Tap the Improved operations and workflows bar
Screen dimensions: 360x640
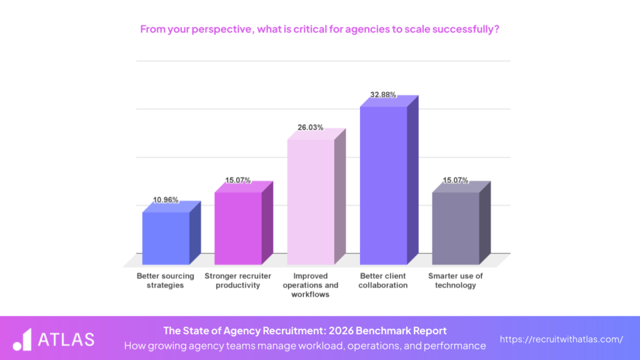(311, 201)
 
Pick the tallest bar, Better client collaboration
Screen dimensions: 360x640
(383, 185)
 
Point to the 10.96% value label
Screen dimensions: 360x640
(166, 200)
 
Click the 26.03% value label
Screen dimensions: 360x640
(311, 127)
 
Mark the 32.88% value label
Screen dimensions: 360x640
(383, 94)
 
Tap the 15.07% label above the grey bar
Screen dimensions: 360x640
(456, 180)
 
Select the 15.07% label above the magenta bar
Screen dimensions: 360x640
(238, 180)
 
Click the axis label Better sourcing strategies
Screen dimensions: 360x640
(166, 281)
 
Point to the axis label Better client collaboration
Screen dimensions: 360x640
(383, 281)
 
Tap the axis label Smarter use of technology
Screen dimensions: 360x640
(456, 281)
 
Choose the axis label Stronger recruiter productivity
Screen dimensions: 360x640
(238, 281)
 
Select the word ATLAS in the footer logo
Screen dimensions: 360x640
(66, 339)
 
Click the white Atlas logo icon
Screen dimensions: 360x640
(22, 339)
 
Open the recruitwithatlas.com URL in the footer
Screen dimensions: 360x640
(561, 339)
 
